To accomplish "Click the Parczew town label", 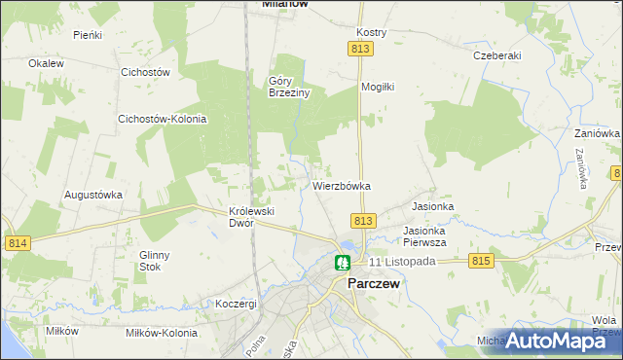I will (x=374, y=284).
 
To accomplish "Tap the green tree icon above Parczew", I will (x=343, y=263).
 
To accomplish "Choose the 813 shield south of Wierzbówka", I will (x=363, y=221).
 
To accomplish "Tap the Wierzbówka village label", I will (x=342, y=185).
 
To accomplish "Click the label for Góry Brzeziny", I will (x=288, y=87).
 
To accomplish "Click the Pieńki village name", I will (x=88, y=34).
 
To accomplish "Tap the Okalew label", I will (x=46, y=63).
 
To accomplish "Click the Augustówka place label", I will (x=93, y=194).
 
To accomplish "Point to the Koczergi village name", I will (x=237, y=304).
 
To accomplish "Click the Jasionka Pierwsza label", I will (x=424, y=236).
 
